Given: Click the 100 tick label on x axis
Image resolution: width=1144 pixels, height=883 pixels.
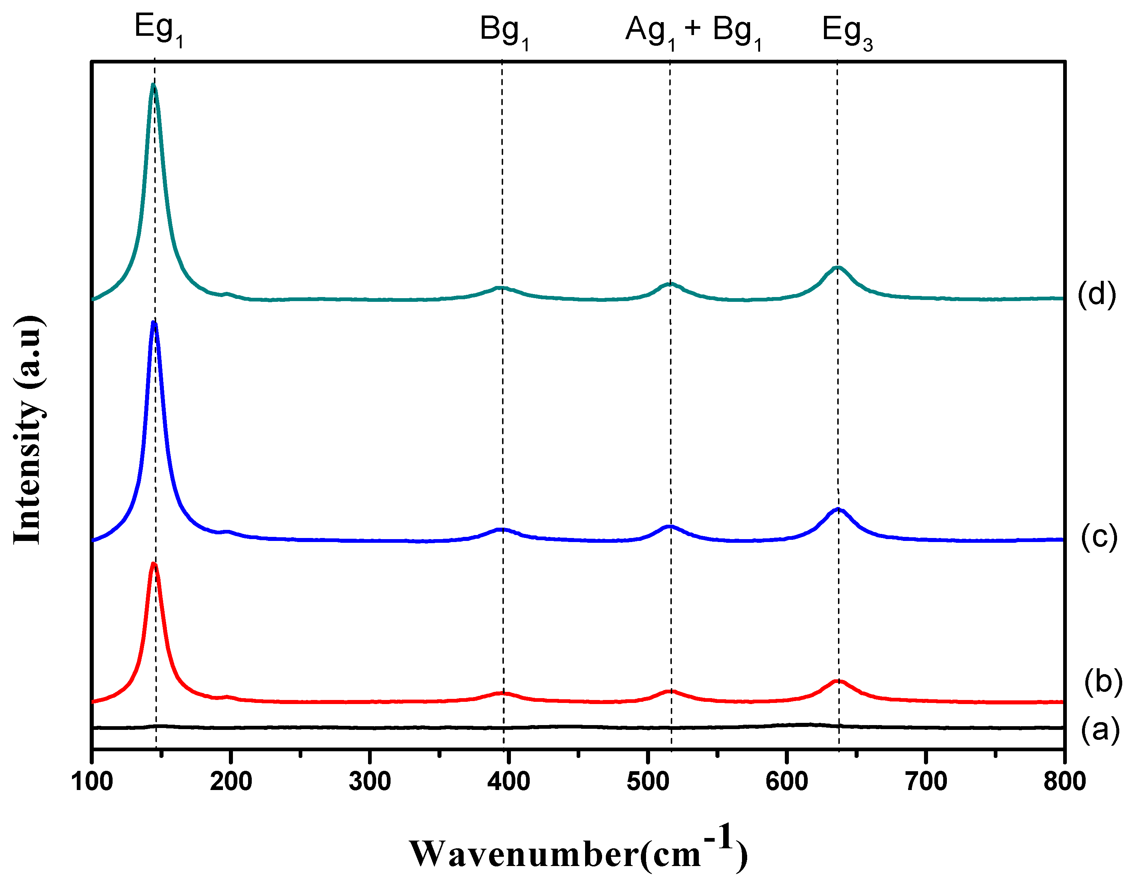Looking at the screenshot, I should [92, 782].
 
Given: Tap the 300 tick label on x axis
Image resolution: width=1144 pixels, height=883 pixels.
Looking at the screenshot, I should [370, 782].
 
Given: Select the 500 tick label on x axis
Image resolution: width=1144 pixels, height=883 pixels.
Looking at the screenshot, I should [648, 782].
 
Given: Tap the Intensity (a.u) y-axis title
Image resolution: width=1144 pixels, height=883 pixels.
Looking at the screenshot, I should [29, 430].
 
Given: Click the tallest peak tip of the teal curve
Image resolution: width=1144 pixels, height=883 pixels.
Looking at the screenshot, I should [153, 85].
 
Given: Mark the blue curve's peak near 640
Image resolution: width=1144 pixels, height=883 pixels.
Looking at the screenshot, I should [838, 509].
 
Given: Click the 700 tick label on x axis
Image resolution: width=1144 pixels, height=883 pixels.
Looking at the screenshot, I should [926, 782].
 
